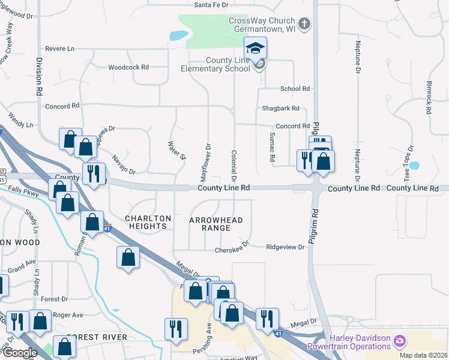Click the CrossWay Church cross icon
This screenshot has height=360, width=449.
(x=305, y=24)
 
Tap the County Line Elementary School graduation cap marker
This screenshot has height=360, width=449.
(x=255, y=49)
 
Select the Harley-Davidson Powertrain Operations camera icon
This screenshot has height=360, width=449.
(x=399, y=341)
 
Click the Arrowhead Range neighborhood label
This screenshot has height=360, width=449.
(x=216, y=224)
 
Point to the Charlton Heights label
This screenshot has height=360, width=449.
(x=148, y=222)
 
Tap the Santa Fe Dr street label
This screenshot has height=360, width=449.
(x=211, y=5)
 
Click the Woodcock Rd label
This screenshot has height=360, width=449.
(x=128, y=67)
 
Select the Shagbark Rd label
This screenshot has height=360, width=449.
(x=280, y=109)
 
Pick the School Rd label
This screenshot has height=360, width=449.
(x=295, y=88)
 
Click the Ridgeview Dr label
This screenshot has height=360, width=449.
(x=286, y=247)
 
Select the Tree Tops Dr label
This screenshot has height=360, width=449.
(x=408, y=163)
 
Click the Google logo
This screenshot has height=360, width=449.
(x=20, y=352)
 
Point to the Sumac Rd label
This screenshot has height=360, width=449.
(x=272, y=146)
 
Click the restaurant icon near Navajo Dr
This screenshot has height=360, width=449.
(x=92, y=175)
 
